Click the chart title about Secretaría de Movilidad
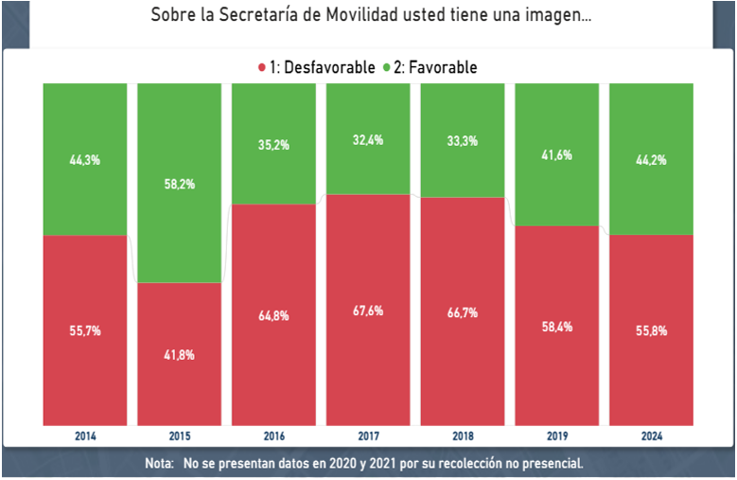[x=370, y=17]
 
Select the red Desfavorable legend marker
[x=261, y=67]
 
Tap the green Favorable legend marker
[x=387, y=67]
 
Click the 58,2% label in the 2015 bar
[x=180, y=184]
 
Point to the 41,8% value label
[x=180, y=355]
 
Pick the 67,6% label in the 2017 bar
[x=368, y=311]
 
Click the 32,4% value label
[x=368, y=139]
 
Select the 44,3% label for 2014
[x=85, y=160]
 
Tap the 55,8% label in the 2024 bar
[x=651, y=330]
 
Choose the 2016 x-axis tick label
[x=273, y=436]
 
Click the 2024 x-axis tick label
[x=651, y=436]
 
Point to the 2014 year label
[x=85, y=436]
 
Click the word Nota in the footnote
[x=159, y=464]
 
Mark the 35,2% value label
[x=273, y=145]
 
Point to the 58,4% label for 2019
[x=556, y=327]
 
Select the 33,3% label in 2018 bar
[x=463, y=141]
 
